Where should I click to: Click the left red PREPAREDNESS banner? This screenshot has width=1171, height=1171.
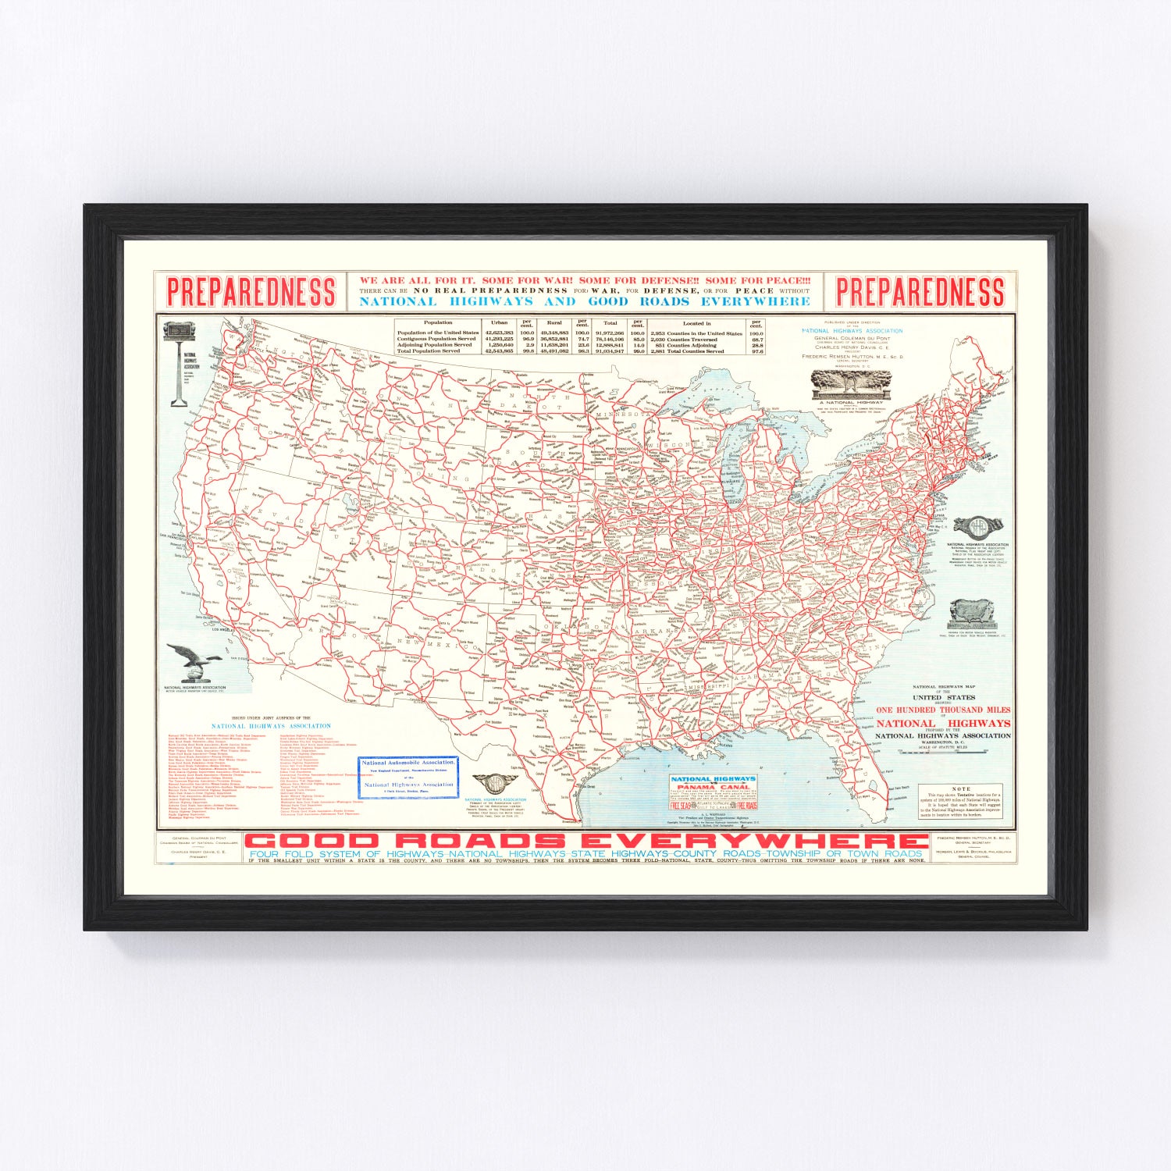click(x=251, y=292)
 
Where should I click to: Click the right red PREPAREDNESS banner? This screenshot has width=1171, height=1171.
click(x=920, y=292)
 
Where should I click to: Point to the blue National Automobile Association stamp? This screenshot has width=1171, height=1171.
click(x=408, y=777)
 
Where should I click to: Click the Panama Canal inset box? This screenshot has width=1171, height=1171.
click(x=714, y=792)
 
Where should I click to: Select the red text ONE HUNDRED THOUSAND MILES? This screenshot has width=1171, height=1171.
click(x=942, y=710)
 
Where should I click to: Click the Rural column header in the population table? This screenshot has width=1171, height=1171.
click(x=553, y=322)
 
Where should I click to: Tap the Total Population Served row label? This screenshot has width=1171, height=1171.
click(x=429, y=351)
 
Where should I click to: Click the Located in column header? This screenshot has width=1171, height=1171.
click(x=696, y=322)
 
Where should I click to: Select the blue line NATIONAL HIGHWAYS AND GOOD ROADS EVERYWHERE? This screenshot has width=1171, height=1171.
click(x=585, y=301)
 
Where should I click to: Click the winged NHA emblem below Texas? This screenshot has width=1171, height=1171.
click(x=493, y=783)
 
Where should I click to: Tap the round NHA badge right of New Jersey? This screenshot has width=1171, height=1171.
click(x=977, y=527)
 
